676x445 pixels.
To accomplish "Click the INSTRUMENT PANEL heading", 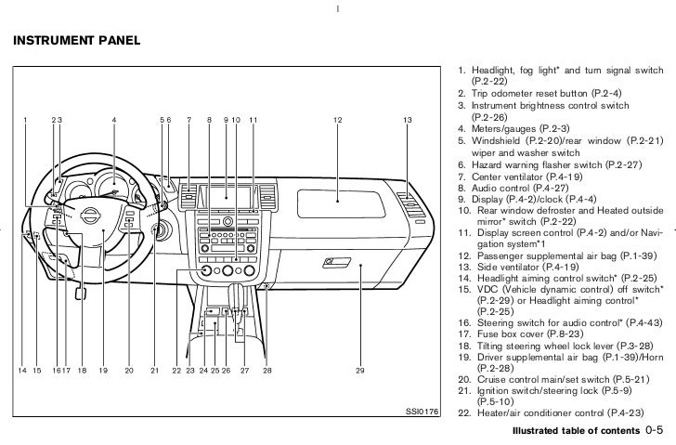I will click(74, 41).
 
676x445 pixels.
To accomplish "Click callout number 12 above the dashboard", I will click(337, 120).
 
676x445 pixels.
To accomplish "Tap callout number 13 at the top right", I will click(407, 120).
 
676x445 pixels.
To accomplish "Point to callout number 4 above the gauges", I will click(113, 120).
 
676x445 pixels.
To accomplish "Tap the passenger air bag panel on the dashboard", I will click(337, 193).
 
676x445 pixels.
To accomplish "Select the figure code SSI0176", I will click(422, 411).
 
